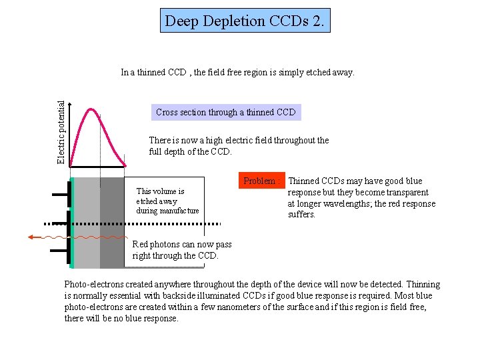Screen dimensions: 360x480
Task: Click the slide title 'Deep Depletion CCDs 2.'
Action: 246,21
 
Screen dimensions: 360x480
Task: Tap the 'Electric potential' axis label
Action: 61,132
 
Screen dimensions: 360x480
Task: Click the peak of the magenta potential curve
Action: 91,109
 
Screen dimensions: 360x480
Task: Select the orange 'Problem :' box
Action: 259,181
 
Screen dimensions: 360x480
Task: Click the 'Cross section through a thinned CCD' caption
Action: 225,112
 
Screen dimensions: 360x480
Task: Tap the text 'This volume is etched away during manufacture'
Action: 167,201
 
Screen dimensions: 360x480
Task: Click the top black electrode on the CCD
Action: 69,194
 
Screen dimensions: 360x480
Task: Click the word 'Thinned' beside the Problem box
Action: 303,181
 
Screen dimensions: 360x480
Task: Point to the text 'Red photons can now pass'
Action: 182,245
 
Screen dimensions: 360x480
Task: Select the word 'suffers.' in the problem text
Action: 301,215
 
